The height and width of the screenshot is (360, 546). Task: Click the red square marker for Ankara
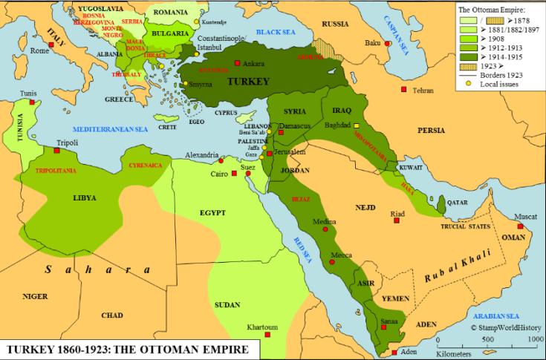click(238, 63)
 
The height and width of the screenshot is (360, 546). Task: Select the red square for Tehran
click(404, 89)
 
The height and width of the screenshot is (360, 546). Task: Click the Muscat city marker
click(520, 226)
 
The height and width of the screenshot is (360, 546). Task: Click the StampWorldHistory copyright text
click(505, 327)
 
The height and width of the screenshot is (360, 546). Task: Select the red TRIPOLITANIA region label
click(56, 171)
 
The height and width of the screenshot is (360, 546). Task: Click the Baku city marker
click(385, 45)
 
